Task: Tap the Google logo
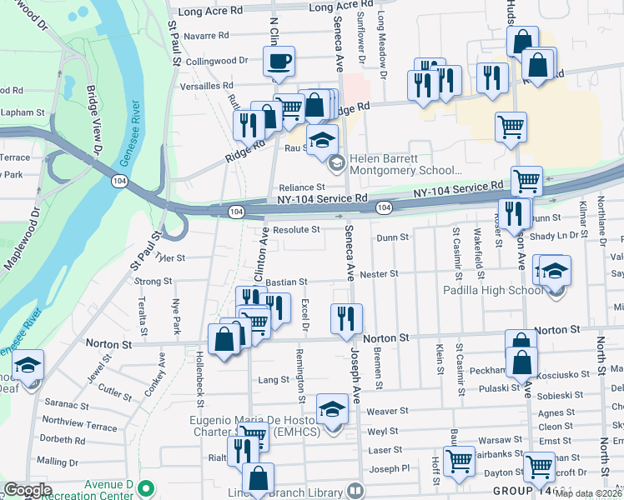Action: [28, 489]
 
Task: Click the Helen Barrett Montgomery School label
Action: [395, 163]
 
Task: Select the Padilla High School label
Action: [493, 290]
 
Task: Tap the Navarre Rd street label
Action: [206, 36]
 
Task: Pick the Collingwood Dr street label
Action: [217, 61]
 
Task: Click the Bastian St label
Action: [287, 282]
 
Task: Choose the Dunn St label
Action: [392, 237]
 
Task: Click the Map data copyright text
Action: [589, 493]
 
